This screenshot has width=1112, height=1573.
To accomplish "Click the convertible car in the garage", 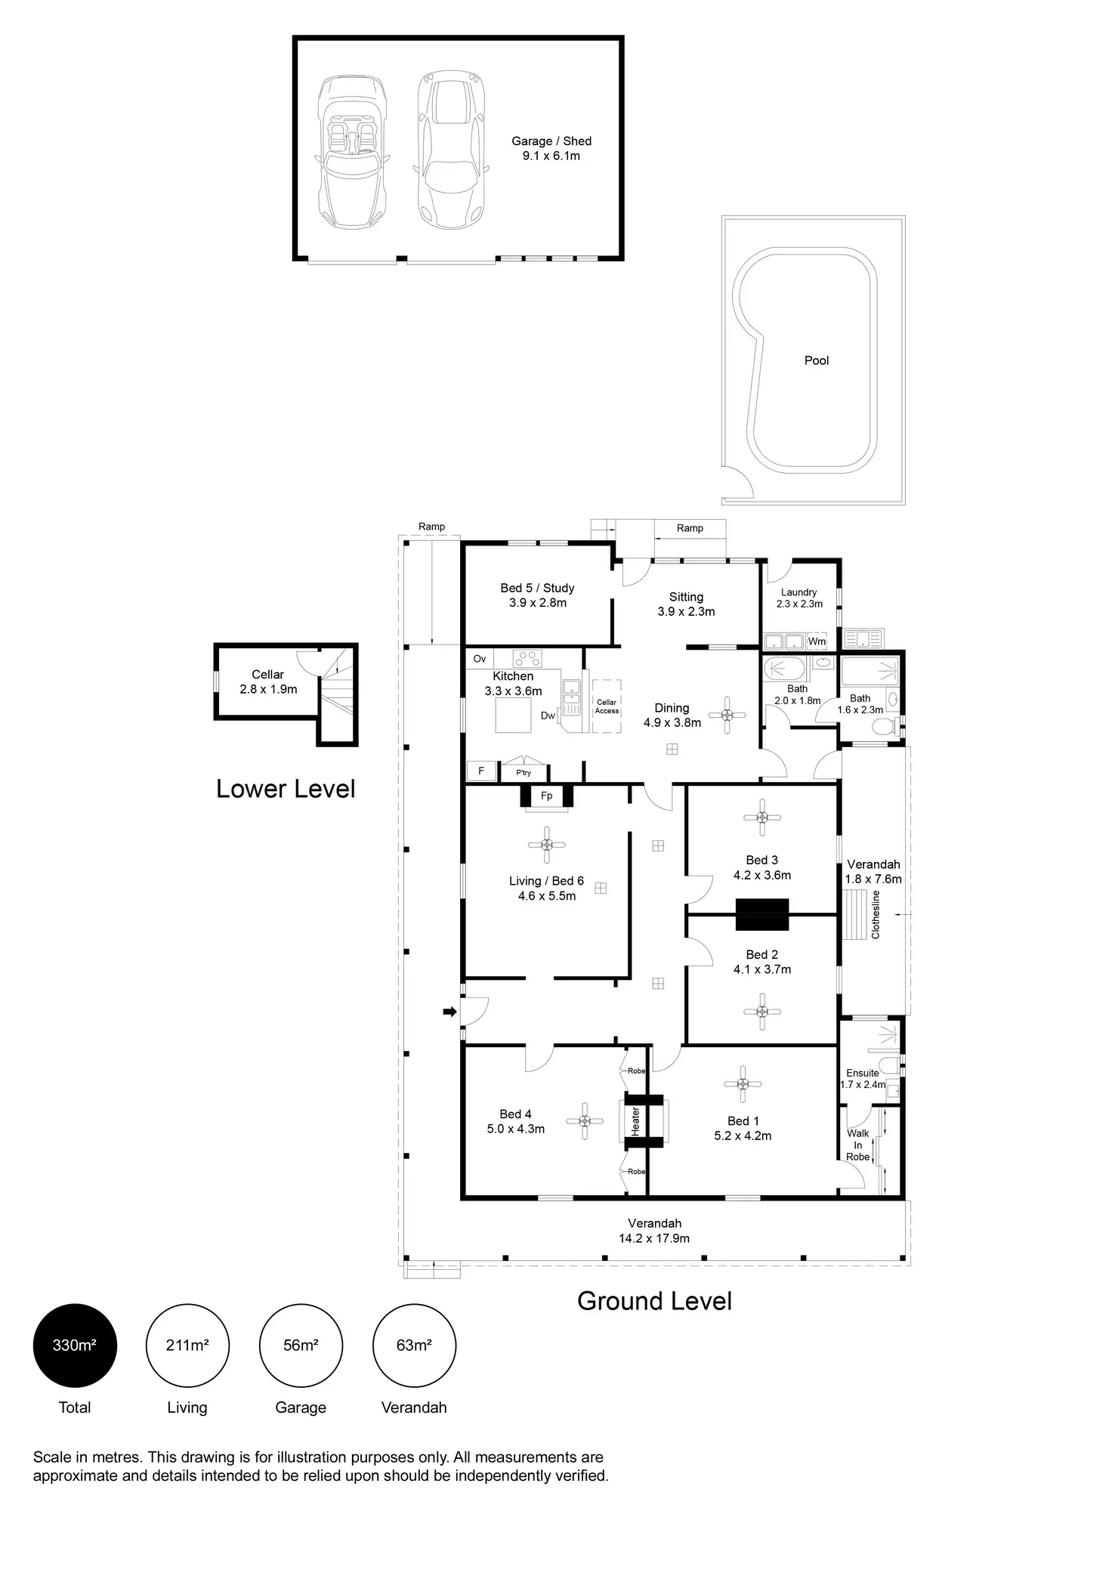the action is pos(353,153).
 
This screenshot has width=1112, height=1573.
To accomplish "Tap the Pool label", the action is pos(816,360).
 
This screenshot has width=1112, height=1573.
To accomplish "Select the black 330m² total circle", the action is pos(75,1346).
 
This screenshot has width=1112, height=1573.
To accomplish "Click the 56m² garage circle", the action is pos(301,1346).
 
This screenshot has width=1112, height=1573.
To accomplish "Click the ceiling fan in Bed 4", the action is pos(585,1121).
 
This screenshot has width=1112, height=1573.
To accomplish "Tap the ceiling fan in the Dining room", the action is pos(727,715).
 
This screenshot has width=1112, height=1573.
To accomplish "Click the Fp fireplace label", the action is pos(547,796).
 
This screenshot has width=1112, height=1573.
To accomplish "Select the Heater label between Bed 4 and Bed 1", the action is pos(635,1121).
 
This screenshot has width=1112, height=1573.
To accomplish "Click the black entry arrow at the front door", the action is pos(449,1011).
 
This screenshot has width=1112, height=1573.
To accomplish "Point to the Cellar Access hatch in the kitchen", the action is pos(607,706).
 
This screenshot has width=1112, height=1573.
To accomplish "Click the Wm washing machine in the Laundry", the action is pos(817,641).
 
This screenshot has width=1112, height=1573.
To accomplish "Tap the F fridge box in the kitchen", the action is pos(480,771).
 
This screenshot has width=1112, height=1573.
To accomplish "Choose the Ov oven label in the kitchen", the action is pos(480,659).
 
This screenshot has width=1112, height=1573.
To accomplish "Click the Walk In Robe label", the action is pos(858,1145).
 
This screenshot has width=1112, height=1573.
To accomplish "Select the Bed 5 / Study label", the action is pos(537,595).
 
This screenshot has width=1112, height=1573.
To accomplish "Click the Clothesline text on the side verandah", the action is pos(876,915).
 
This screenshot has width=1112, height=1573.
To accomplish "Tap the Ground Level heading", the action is pos(654,1301).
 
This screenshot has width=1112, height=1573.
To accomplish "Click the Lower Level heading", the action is pos(286,789).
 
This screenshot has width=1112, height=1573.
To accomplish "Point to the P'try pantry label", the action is pos(524,773).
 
